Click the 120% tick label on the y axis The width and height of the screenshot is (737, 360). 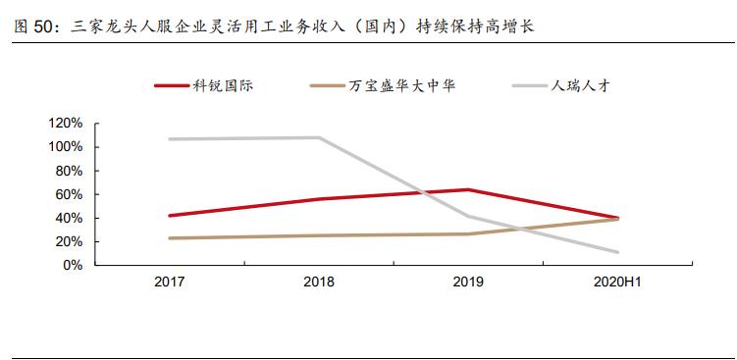66,124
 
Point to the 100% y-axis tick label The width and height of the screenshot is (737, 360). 66,147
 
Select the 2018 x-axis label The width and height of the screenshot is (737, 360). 319,283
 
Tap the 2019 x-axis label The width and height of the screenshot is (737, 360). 469,283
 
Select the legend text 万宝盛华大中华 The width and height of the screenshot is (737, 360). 402,85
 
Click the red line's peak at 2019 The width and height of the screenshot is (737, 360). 469,189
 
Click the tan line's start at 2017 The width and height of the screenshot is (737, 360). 169,238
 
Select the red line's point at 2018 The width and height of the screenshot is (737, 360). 319,199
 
